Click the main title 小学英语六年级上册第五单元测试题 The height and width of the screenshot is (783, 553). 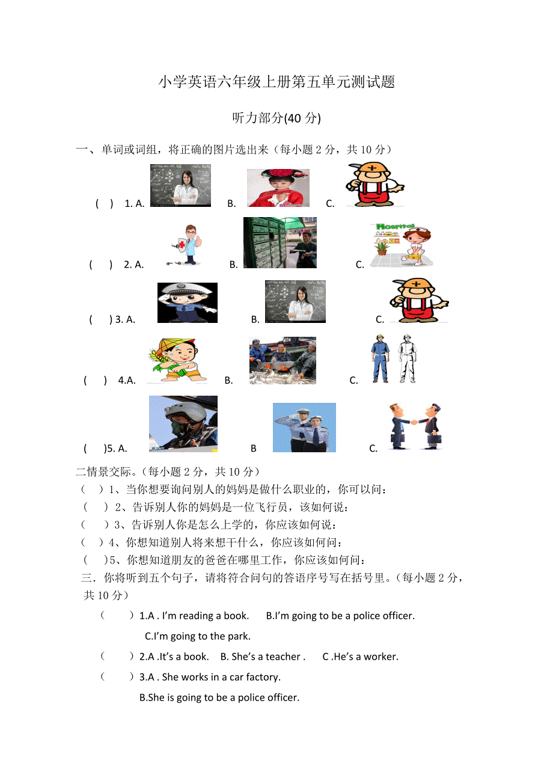coord(276,82)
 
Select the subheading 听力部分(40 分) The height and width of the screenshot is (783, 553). coord(276,118)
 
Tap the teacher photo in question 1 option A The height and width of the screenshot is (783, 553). coord(180,185)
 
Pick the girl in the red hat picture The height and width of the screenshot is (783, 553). coord(278,188)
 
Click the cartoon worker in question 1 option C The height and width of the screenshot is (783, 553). coord(374,185)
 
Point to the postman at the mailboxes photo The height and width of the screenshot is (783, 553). coord(280,242)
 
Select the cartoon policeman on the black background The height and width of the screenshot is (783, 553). coord(187,302)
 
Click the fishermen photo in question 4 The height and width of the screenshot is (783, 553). coord(283,360)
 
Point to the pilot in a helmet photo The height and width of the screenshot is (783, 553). coord(183,423)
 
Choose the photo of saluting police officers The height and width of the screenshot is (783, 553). coord(304,427)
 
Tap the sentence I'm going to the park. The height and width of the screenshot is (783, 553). coord(198,636)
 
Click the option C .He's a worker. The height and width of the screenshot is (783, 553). coord(360,657)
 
